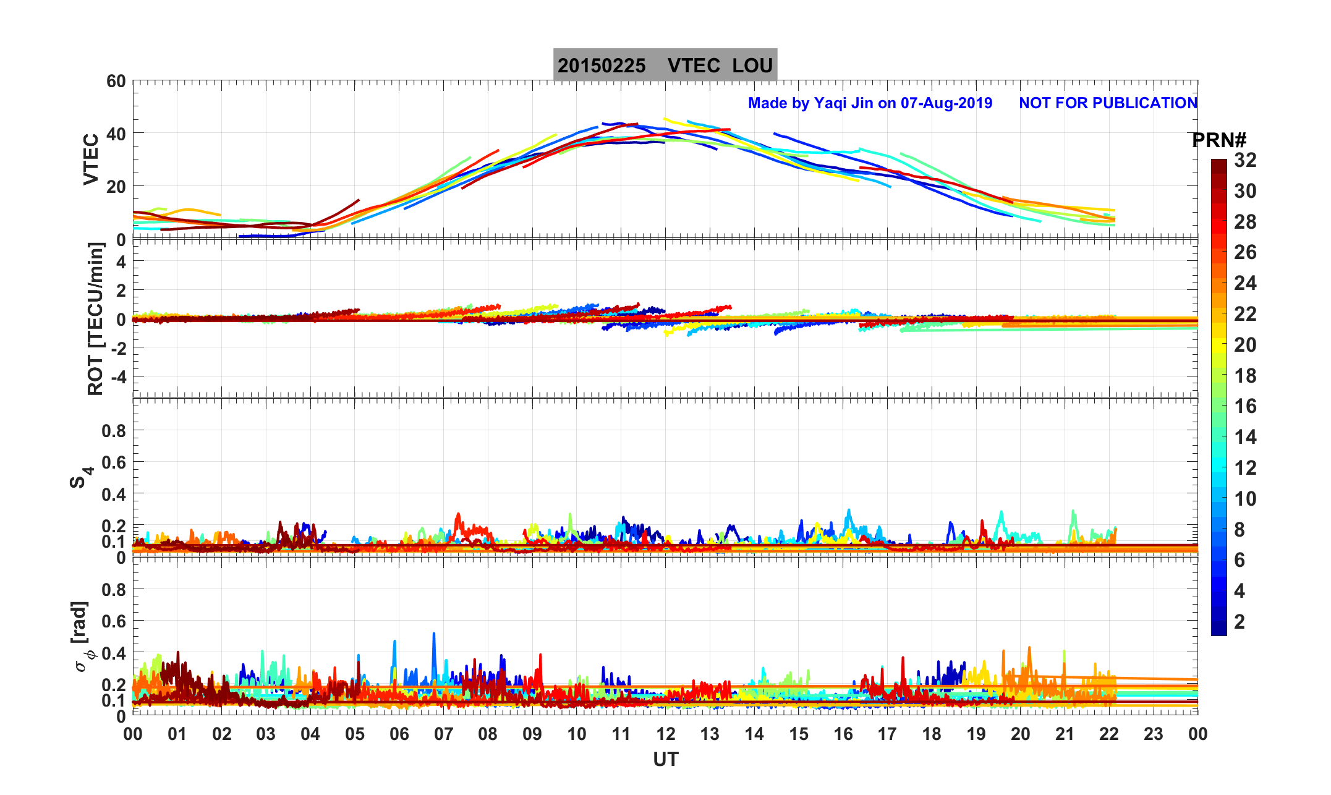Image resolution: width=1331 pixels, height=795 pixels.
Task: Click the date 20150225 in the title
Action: coord(601,66)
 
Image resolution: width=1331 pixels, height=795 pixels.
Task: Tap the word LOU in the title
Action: coord(752,66)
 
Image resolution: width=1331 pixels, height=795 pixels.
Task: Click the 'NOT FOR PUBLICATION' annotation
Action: coord(1108,103)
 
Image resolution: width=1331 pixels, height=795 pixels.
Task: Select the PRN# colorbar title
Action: coord(1219,141)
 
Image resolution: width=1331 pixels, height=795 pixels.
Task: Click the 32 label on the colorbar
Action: coord(1245,161)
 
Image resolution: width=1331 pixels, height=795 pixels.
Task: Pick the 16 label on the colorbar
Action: coord(1245,406)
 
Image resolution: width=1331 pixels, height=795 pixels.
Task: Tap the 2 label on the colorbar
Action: coord(1239,622)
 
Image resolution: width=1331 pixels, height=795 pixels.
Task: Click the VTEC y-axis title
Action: coord(91,159)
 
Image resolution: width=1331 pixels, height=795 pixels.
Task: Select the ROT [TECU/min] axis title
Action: coord(95,319)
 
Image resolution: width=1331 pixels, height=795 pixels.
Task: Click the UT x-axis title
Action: coord(665,759)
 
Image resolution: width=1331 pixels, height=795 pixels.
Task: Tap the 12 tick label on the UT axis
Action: coord(665,734)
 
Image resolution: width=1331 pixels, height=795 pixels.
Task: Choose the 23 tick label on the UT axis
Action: coord(1153,734)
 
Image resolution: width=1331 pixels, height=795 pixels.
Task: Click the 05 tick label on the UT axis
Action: coord(355,734)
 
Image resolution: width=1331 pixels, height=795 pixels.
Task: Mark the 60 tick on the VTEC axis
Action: coord(116,82)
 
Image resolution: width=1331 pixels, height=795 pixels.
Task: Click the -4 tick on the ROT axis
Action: coord(118,376)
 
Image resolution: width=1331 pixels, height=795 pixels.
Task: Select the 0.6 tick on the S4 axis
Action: coord(114,462)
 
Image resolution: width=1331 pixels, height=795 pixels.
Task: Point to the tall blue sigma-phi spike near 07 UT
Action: coord(434,634)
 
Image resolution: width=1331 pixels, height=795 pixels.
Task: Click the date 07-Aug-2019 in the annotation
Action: coord(946,103)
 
